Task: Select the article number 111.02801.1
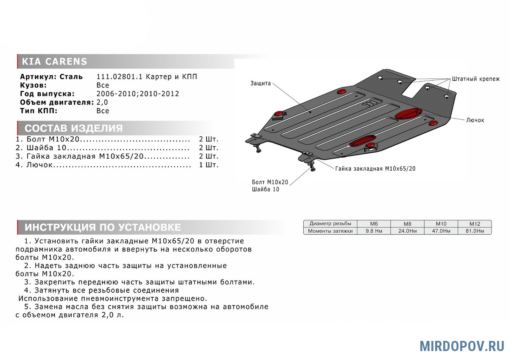pyautogui.click(x=120, y=77)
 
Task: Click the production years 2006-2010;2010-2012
pyautogui.click(x=138, y=94)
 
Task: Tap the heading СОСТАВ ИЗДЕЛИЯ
pyautogui.click(x=74, y=129)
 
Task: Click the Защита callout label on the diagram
pyautogui.click(x=260, y=84)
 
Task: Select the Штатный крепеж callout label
pyautogui.click(x=475, y=79)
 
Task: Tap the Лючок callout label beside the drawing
pyautogui.click(x=475, y=120)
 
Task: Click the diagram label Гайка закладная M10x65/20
pyautogui.click(x=375, y=169)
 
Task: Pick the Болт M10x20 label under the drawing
pyautogui.click(x=270, y=182)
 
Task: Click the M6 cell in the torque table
pyautogui.click(x=373, y=224)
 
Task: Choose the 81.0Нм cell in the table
pyautogui.click(x=474, y=231)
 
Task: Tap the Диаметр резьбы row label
pyautogui.click(x=330, y=224)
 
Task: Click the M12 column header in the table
pyautogui.click(x=474, y=224)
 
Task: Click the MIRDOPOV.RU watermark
pyautogui.click(x=462, y=346)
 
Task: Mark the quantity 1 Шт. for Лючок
pyautogui.click(x=209, y=165)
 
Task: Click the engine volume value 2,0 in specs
pyautogui.click(x=102, y=102)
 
